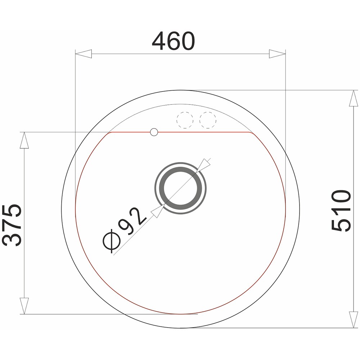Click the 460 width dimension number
[174, 41]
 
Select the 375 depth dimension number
[12, 225]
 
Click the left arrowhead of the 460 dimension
[84, 54]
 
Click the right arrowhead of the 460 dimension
[277, 54]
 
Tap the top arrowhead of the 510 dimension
[354, 98]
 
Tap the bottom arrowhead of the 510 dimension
[354, 320]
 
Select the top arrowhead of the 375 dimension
[24, 140]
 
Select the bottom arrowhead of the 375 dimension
[24, 306]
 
